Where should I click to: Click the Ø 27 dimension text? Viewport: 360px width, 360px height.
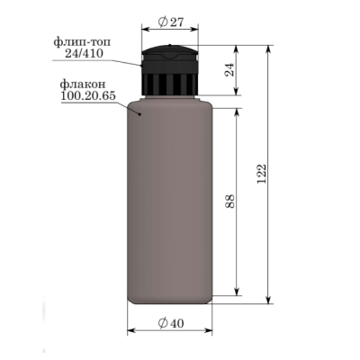[170, 22]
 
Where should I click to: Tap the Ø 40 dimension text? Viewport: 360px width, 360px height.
[170, 323]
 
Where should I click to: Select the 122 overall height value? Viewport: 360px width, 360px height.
[262, 174]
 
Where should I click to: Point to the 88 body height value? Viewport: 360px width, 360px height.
[230, 202]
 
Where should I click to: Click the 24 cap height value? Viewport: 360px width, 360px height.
[230, 69]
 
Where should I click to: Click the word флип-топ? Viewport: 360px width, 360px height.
[82, 42]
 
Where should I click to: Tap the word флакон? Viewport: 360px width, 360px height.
[83, 84]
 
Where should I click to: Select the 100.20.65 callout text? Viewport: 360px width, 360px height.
[88, 95]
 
